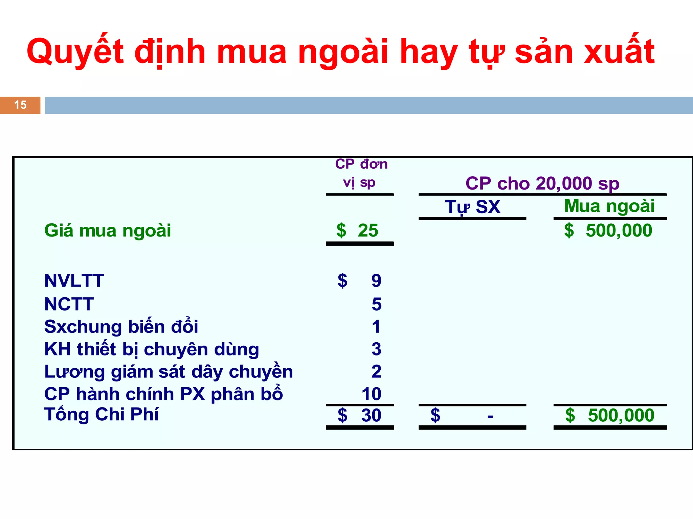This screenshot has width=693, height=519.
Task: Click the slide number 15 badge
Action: (20, 105)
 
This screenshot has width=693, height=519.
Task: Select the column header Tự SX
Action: (472, 207)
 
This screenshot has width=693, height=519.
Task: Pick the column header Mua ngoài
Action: (609, 206)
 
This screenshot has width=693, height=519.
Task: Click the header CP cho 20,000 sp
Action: (542, 183)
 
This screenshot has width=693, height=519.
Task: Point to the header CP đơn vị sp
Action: (361, 173)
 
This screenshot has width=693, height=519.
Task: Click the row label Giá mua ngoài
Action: (108, 230)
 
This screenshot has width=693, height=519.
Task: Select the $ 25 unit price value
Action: (358, 230)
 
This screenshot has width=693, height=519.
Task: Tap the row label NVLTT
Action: (74, 280)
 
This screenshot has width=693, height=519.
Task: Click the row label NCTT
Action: (69, 304)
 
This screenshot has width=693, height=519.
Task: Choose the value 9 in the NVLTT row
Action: (376, 280)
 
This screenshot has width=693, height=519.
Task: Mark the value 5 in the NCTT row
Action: (376, 304)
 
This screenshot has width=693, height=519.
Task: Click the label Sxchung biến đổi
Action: (121, 327)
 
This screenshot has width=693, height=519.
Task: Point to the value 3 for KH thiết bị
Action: (376, 349)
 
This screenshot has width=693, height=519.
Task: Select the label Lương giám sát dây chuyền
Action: (169, 372)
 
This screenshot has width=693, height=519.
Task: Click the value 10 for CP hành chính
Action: (371, 394)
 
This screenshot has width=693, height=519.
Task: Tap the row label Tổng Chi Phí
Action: (101, 414)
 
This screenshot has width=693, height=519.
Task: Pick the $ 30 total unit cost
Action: (360, 415)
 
